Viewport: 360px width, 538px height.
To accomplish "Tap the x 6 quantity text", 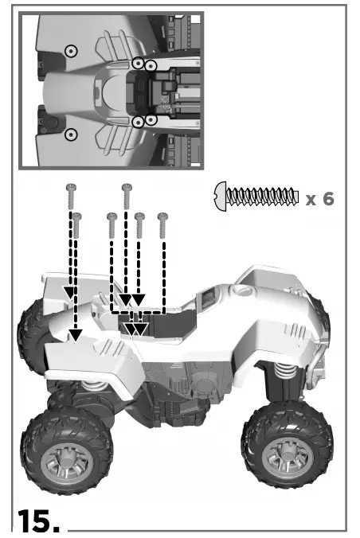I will coord(319,198).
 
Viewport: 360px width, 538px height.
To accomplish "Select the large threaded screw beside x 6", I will coord(257,195).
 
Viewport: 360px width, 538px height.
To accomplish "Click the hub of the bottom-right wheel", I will coord(284,458).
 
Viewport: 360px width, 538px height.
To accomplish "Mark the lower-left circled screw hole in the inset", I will coord(71,134).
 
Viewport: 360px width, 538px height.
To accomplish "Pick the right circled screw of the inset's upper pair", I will coord(150,64).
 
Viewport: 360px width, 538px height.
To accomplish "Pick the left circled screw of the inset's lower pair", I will coord(138,121).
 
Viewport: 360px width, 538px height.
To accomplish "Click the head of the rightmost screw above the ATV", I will coord(163,216).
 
